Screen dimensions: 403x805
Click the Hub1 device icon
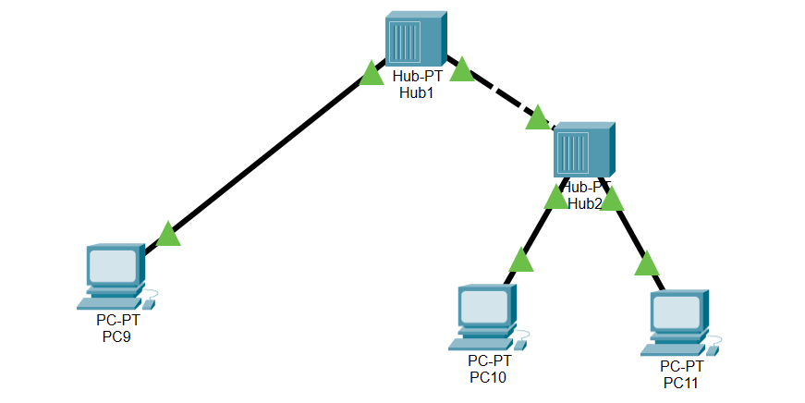click(415, 38)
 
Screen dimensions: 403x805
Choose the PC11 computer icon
click(679, 323)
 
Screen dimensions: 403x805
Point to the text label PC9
click(118, 336)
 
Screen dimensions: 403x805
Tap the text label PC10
click(488, 376)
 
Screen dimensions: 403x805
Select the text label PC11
click(680, 382)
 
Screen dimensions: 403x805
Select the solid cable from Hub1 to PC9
click(268, 157)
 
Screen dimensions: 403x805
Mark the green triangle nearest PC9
click(168, 235)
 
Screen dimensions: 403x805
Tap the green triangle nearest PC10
click(521, 260)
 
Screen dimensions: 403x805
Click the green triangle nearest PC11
click(648, 264)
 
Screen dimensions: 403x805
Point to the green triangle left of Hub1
click(372, 73)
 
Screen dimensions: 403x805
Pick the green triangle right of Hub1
click(460, 68)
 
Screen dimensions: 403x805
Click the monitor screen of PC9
click(112, 266)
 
